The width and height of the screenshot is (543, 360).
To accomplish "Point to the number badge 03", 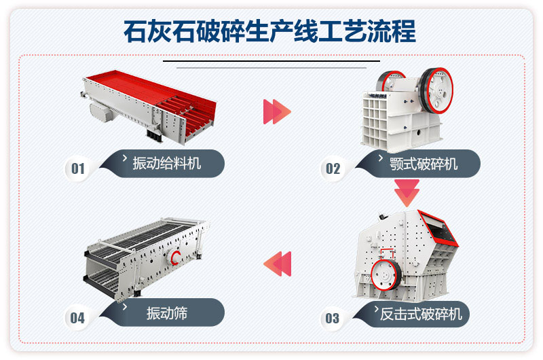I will pos(332,318).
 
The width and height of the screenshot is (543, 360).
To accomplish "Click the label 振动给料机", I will pos(167,163).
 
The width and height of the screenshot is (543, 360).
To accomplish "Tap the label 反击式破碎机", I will pos(421,313).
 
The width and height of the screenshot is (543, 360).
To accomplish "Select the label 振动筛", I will pos(167,313).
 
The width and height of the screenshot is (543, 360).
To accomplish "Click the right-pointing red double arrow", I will pos(276,111).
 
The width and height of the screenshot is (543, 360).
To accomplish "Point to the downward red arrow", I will pos(407,193).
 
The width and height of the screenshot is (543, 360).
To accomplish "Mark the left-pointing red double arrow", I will pos(277,263).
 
